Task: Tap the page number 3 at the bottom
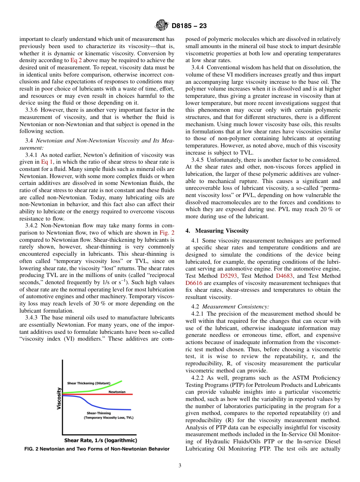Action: point(180,465)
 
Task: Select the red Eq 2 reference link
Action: point(77,60)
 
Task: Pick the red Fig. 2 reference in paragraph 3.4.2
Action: point(167,233)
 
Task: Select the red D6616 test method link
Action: point(194,283)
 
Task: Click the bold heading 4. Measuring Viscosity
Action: point(217,231)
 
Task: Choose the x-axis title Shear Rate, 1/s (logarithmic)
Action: point(100,440)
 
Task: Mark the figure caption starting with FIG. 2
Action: point(97,449)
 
